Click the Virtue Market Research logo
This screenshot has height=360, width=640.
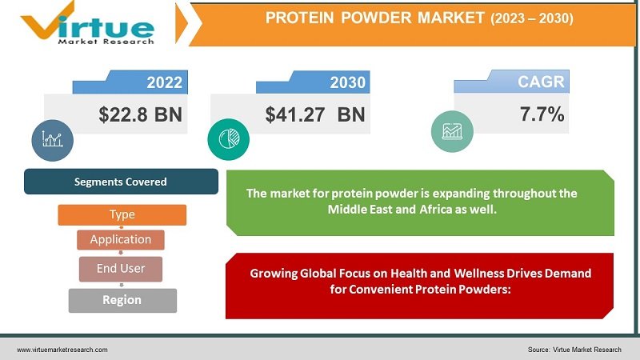[88, 23]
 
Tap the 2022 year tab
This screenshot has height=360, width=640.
[164, 82]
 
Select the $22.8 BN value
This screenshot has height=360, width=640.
[141, 114]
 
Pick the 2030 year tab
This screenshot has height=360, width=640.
[347, 82]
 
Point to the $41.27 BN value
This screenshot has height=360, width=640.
[315, 114]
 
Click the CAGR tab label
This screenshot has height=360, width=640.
[541, 82]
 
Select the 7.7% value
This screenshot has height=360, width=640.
[542, 114]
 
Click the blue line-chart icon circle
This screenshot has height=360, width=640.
[53, 138]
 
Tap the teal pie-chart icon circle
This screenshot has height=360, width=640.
[223, 138]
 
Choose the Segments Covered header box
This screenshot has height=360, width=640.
[121, 182]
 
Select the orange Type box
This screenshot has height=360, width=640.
[122, 214]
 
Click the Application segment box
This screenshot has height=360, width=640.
[121, 239]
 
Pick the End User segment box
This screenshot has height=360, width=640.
[121, 269]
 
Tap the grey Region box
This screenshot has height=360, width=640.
[122, 300]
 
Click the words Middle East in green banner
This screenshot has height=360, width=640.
[357, 209]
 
